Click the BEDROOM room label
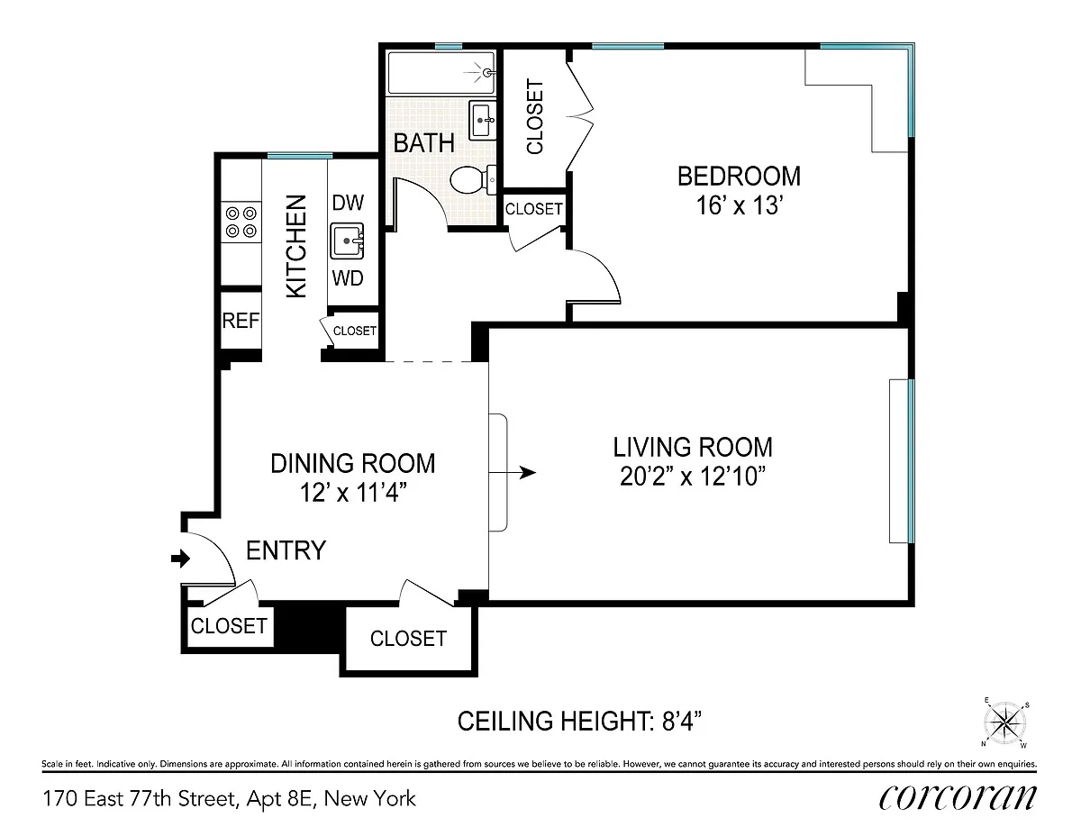[x=739, y=177]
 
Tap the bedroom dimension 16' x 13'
[x=740, y=204]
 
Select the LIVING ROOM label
[x=693, y=447]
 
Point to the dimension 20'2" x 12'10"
[x=692, y=476]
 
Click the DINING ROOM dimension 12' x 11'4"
[x=353, y=493]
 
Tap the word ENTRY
[x=286, y=550]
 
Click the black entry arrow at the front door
[x=180, y=558]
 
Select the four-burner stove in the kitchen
[x=241, y=223]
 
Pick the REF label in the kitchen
[x=241, y=321]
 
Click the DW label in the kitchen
[x=348, y=203]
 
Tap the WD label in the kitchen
[x=348, y=278]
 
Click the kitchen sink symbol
[x=347, y=241]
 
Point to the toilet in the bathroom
[x=473, y=179]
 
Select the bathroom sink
[x=483, y=121]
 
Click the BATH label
[x=424, y=143]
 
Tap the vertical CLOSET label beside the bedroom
[x=535, y=116]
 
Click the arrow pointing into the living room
[x=513, y=472]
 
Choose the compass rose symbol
[x=1005, y=722]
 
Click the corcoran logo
[x=958, y=798]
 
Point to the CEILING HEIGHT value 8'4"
[x=682, y=721]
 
